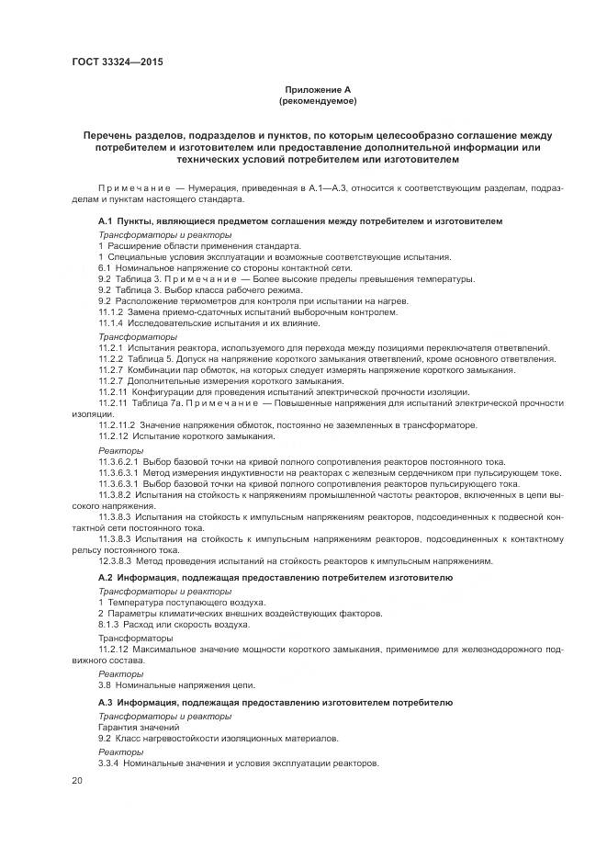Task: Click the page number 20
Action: click(x=77, y=780)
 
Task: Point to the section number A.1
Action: click(x=105, y=222)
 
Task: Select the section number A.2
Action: click(x=105, y=578)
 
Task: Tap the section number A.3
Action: click(x=105, y=702)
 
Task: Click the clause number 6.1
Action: click(x=106, y=267)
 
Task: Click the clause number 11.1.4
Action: click(x=111, y=323)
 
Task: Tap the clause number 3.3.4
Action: click(x=108, y=763)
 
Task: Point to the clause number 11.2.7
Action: click(x=111, y=380)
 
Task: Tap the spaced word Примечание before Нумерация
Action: click(x=134, y=187)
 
